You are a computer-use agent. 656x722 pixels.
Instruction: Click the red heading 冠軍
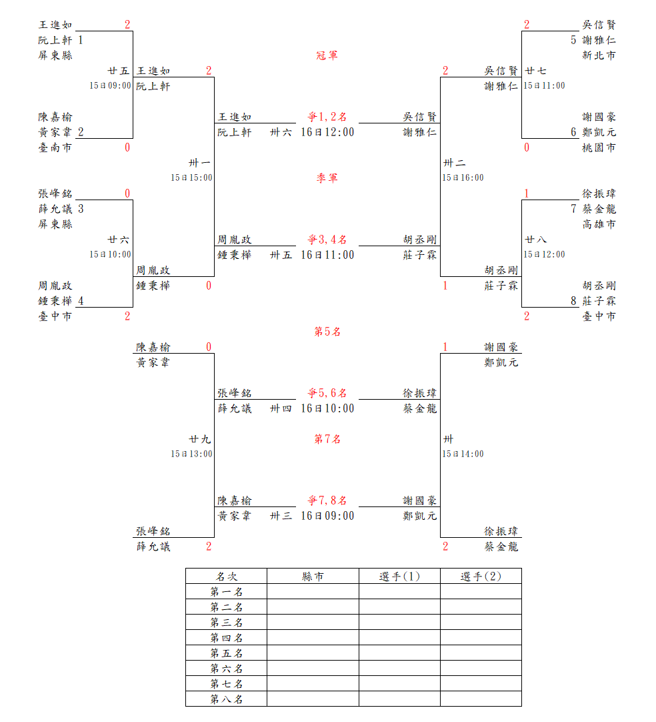(x=327, y=55)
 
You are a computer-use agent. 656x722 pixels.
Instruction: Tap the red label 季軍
(x=327, y=178)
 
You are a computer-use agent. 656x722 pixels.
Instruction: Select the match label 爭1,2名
(x=327, y=117)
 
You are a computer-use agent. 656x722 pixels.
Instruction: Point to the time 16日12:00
(x=327, y=132)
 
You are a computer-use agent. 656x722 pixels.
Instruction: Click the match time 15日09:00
(x=111, y=86)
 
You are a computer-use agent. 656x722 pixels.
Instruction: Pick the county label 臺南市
(x=55, y=147)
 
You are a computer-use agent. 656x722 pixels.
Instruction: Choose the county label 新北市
(x=599, y=55)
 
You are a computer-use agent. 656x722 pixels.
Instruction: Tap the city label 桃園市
(x=599, y=147)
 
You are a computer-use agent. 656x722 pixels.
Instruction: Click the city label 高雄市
(x=599, y=224)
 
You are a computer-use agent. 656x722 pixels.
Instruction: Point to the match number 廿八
(x=535, y=240)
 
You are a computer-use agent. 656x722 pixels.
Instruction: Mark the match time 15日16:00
(x=463, y=178)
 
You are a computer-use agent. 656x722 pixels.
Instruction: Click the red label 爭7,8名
(x=327, y=500)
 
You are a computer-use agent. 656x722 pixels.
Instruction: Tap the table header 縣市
(x=313, y=577)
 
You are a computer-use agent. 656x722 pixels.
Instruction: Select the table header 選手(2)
(x=481, y=577)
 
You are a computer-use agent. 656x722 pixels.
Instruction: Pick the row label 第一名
(x=226, y=592)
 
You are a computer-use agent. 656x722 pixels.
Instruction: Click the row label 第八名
(x=226, y=699)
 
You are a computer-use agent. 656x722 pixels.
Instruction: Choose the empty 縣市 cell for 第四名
(x=313, y=638)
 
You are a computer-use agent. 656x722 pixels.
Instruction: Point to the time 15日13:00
(x=191, y=454)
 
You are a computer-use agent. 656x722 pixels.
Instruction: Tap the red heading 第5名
(x=327, y=332)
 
